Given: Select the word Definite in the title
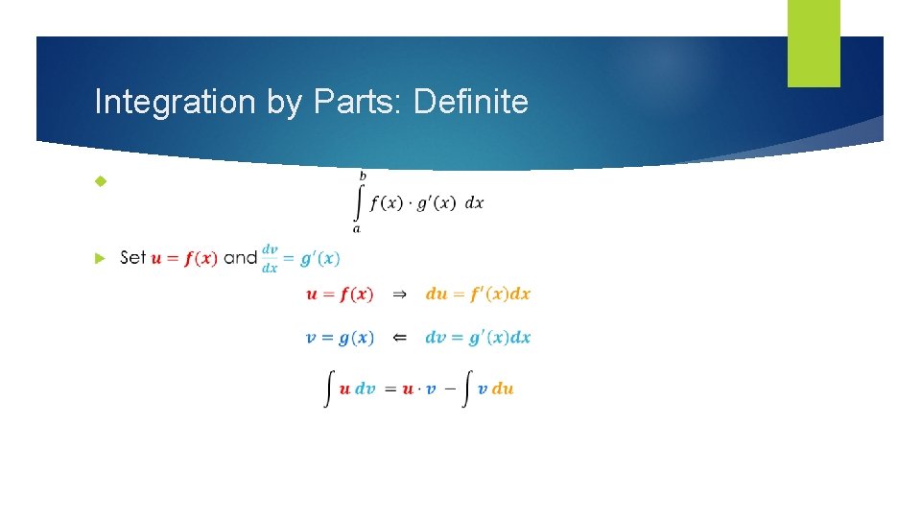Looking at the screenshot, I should pyautogui.click(x=471, y=102).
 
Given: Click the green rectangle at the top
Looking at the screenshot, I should pyautogui.click(x=814, y=43).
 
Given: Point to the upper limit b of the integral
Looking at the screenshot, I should pyautogui.click(x=362, y=176).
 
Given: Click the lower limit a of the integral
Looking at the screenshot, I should pyautogui.click(x=357, y=228).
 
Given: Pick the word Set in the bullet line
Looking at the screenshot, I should pyautogui.click(x=133, y=257).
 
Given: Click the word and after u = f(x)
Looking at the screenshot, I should pyautogui.click(x=240, y=257).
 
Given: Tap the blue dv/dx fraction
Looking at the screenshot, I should pyautogui.click(x=270, y=257).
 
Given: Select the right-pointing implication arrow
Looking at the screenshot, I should pyautogui.click(x=400, y=294).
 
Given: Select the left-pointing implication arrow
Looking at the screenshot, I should pyautogui.click(x=400, y=338).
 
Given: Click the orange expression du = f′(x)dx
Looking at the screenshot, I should pyautogui.click(x=478, y=294).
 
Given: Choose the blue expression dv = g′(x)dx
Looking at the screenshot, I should pyautogui.click(x=478, y=338).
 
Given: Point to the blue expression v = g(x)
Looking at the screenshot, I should pyautogui.click(x=340, y=338).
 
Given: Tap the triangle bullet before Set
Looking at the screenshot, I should pyautogui.click(x=99, y=258).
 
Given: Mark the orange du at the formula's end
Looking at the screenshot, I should pyautogui.click(x=503, y=388).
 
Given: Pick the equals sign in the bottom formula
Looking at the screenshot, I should pyautogui.click(x=390, y=388).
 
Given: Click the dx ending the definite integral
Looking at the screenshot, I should pyautogui.click(x=474, y=204).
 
